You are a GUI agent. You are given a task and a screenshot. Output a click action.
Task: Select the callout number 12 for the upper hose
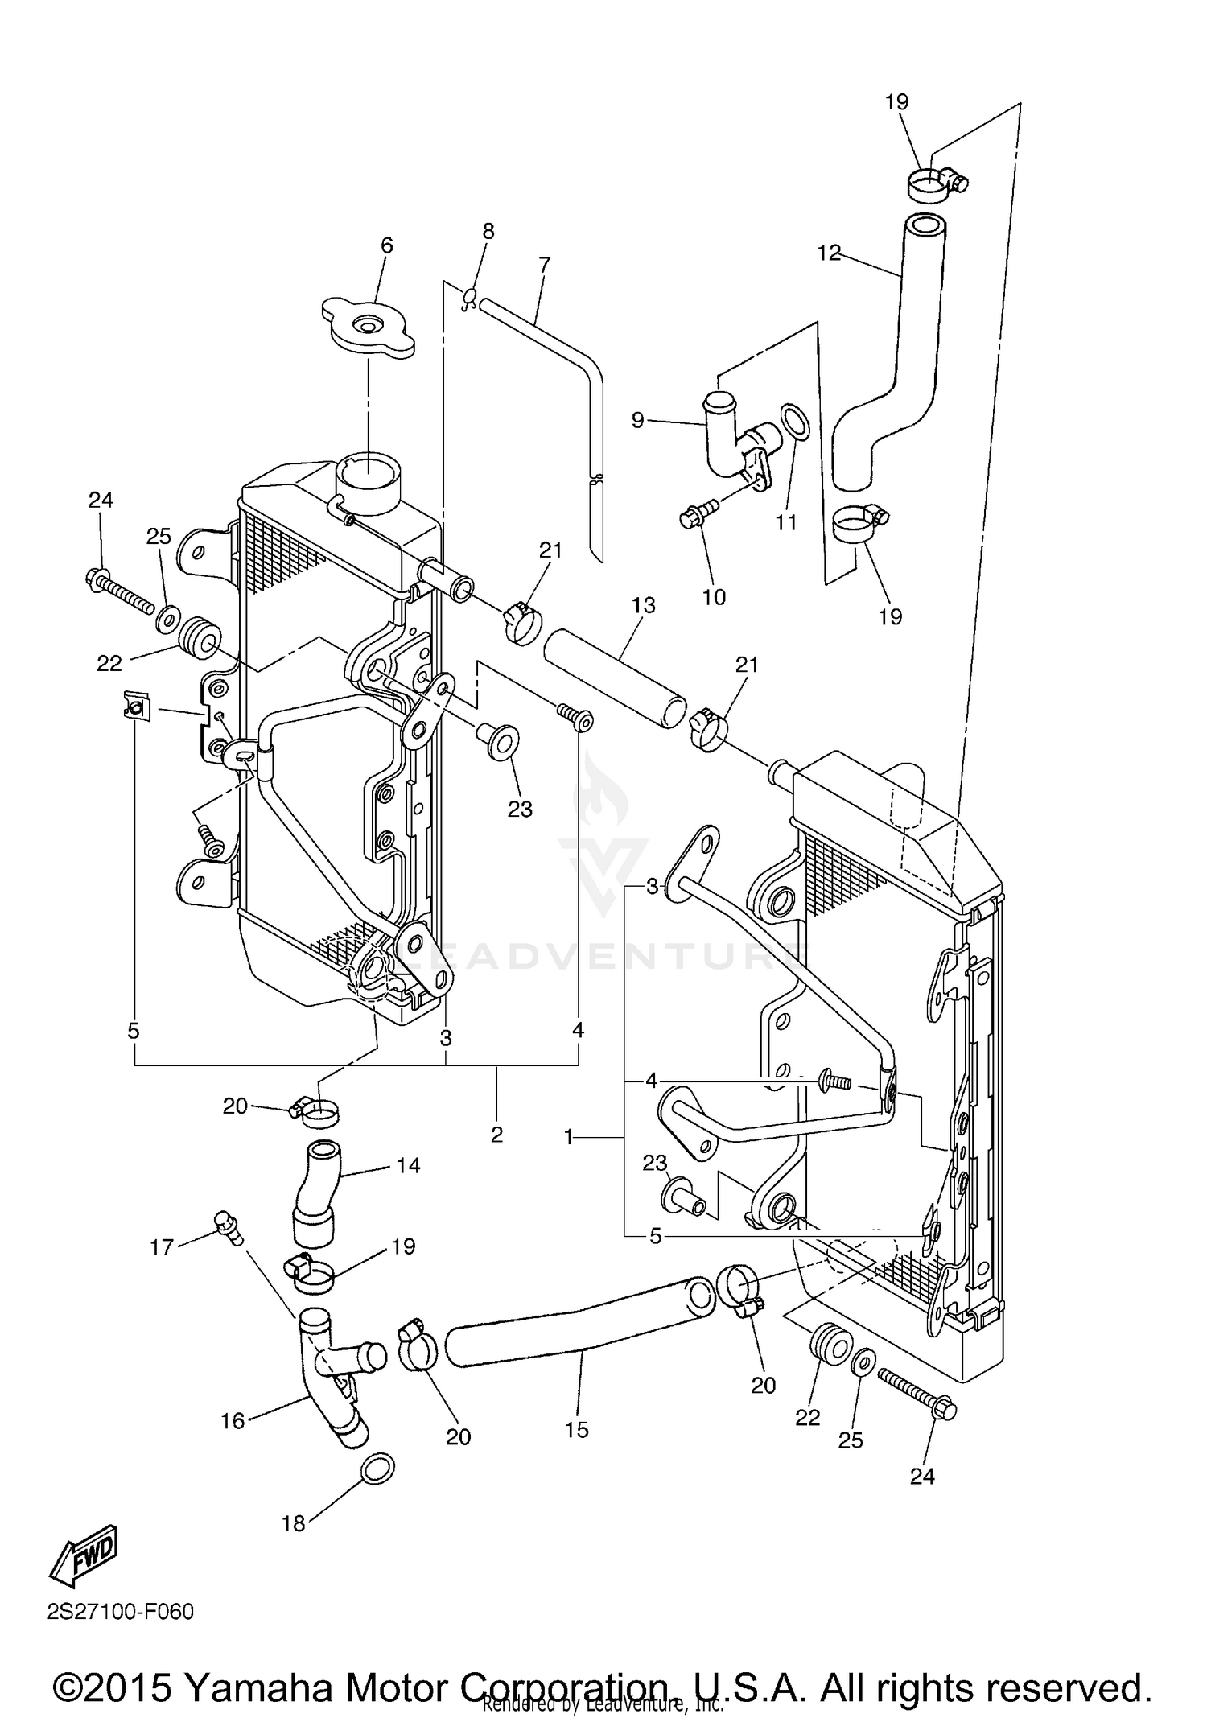click(828, 253)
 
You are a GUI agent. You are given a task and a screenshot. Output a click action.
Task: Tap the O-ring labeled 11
click(795, 422)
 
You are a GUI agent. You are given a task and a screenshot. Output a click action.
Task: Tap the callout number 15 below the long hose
click(577, 1430)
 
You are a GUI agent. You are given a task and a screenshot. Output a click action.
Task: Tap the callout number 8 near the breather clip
click(488, 231)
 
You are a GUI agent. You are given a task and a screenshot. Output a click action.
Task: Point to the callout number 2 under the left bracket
click(496, 1135)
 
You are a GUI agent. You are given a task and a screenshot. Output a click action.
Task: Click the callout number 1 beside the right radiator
click(569, 1138)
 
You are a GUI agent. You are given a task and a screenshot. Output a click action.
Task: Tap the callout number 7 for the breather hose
click(545, 264)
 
